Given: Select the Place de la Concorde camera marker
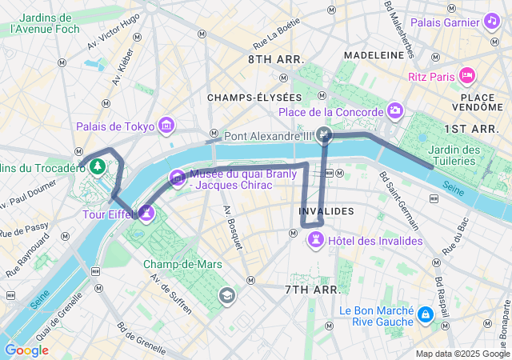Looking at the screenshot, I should (x=394, y=110).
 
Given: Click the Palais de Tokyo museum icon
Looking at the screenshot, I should (x=166, y=126).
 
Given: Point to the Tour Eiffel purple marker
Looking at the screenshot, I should (x=146, y=213).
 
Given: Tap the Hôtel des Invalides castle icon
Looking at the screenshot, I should (x=318, y=239).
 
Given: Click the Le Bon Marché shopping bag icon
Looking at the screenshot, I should (x=424, y=314).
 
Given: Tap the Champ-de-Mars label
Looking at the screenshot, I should (x=182, y=264).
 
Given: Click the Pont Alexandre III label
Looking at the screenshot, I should (x=268, y=136).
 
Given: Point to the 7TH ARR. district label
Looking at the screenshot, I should (x=312, y=289).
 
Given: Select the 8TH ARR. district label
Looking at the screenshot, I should (x=276, y=59).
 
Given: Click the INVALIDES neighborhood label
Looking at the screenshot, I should (x=325, y=211).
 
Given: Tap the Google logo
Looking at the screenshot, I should (x=26, y=350).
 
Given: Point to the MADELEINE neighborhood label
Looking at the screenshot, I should (x=374, y=55).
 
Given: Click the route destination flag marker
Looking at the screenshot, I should (x=324, y=134).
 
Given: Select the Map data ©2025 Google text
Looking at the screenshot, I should (x=462, y=354).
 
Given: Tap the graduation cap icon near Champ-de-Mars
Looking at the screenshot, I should (x=228, y=296).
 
